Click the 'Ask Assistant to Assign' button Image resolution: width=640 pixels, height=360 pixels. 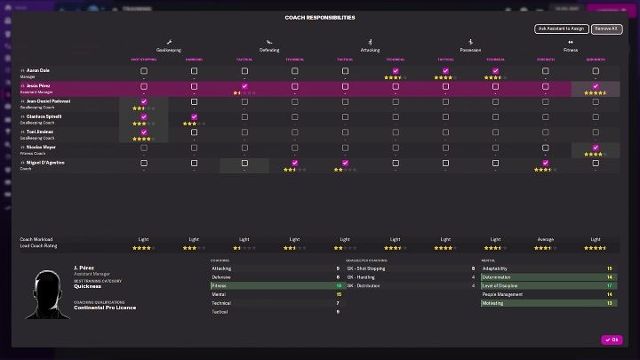pos(562,28)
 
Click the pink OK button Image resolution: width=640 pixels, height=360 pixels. pos(612,340)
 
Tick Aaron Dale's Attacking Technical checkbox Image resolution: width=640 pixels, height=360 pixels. pos(396,71)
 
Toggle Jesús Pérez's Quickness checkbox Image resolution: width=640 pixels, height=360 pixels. pos(596,86)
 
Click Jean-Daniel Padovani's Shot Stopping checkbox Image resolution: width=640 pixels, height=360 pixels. pos(143,102)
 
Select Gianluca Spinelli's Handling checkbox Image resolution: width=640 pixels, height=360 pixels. pos(194,117)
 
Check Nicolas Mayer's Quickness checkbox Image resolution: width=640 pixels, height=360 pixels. pos(596,148)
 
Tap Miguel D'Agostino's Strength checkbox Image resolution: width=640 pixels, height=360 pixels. pos(545,163)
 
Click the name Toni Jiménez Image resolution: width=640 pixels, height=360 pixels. pos(44,132)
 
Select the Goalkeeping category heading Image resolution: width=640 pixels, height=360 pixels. pos(168,50)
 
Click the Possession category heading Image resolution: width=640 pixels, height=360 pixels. pos(470,50)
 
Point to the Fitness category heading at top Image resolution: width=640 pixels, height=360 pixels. pos(570,50)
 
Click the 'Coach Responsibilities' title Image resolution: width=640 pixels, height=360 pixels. pos(320,17)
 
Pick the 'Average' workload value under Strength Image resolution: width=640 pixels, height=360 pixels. pos(545,239)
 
